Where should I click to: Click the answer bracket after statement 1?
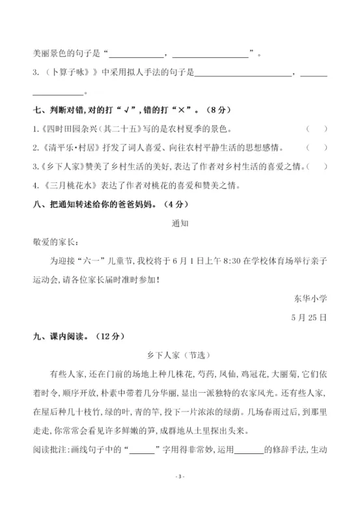316,129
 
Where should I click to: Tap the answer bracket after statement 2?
316,148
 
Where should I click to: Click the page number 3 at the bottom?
180,496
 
